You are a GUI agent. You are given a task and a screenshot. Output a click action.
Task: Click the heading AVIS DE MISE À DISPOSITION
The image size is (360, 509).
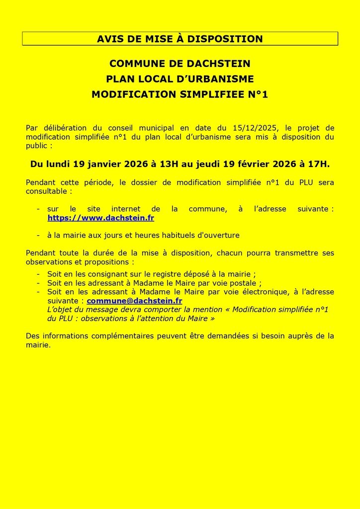pyautogui.click(x=180, y=39)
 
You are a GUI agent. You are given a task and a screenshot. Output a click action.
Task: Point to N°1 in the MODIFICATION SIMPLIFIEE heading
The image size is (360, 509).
pyautogui.click(x=258, y=94)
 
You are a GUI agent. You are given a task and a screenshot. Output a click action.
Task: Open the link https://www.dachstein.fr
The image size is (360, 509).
pyautogui.click(x=100, y=218)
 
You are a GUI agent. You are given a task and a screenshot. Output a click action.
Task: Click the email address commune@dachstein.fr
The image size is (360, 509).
pyautogui.click(x=134, y=301)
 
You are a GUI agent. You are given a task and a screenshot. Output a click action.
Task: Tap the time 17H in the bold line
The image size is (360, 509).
pyautogui.click(x=319, y=164)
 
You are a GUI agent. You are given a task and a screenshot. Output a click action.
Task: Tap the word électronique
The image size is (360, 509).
pyautogui.click(x=262, y=292)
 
